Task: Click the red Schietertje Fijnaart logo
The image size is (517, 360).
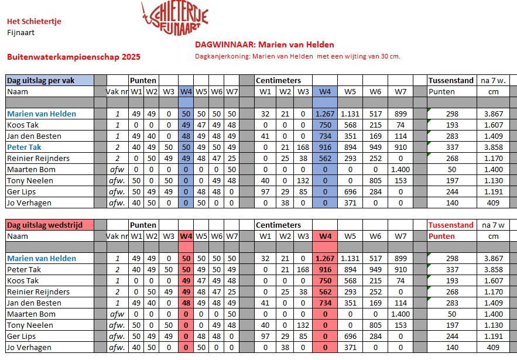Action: click(174, 18)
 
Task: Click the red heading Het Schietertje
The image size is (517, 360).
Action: click(34, 22)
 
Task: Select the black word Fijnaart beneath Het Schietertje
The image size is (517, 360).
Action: click(20, 32)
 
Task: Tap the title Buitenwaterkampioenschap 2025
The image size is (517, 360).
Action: click(73, 57)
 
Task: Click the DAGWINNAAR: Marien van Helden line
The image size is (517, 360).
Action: click(264, 44)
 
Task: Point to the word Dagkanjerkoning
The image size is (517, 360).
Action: click(221, 57)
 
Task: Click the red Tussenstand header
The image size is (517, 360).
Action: click(451, 225)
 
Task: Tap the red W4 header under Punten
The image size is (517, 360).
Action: click(186, 236)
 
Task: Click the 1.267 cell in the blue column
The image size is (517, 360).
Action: click(324, 114)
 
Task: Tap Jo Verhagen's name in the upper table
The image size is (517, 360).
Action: click(29, 203)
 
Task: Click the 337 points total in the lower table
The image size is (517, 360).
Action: click(451, 269)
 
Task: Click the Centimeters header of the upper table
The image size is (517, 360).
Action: click(278, 80)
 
